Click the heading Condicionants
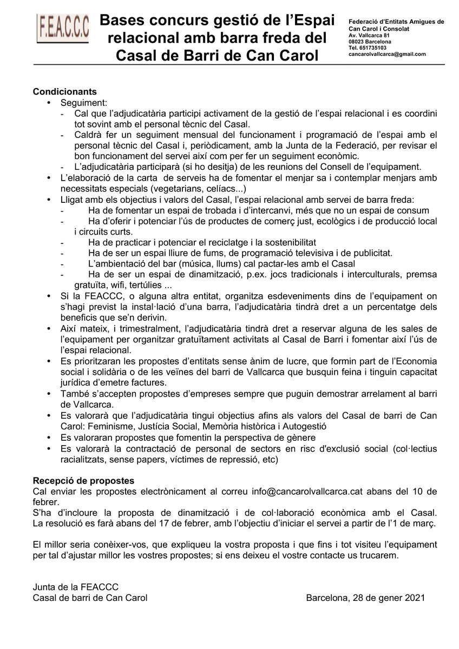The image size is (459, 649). (x=65, y=91)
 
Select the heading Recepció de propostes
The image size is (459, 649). (x=83, y=481)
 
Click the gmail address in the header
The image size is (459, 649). (x=386, y=54)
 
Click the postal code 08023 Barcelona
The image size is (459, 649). (x=370, y=42)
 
